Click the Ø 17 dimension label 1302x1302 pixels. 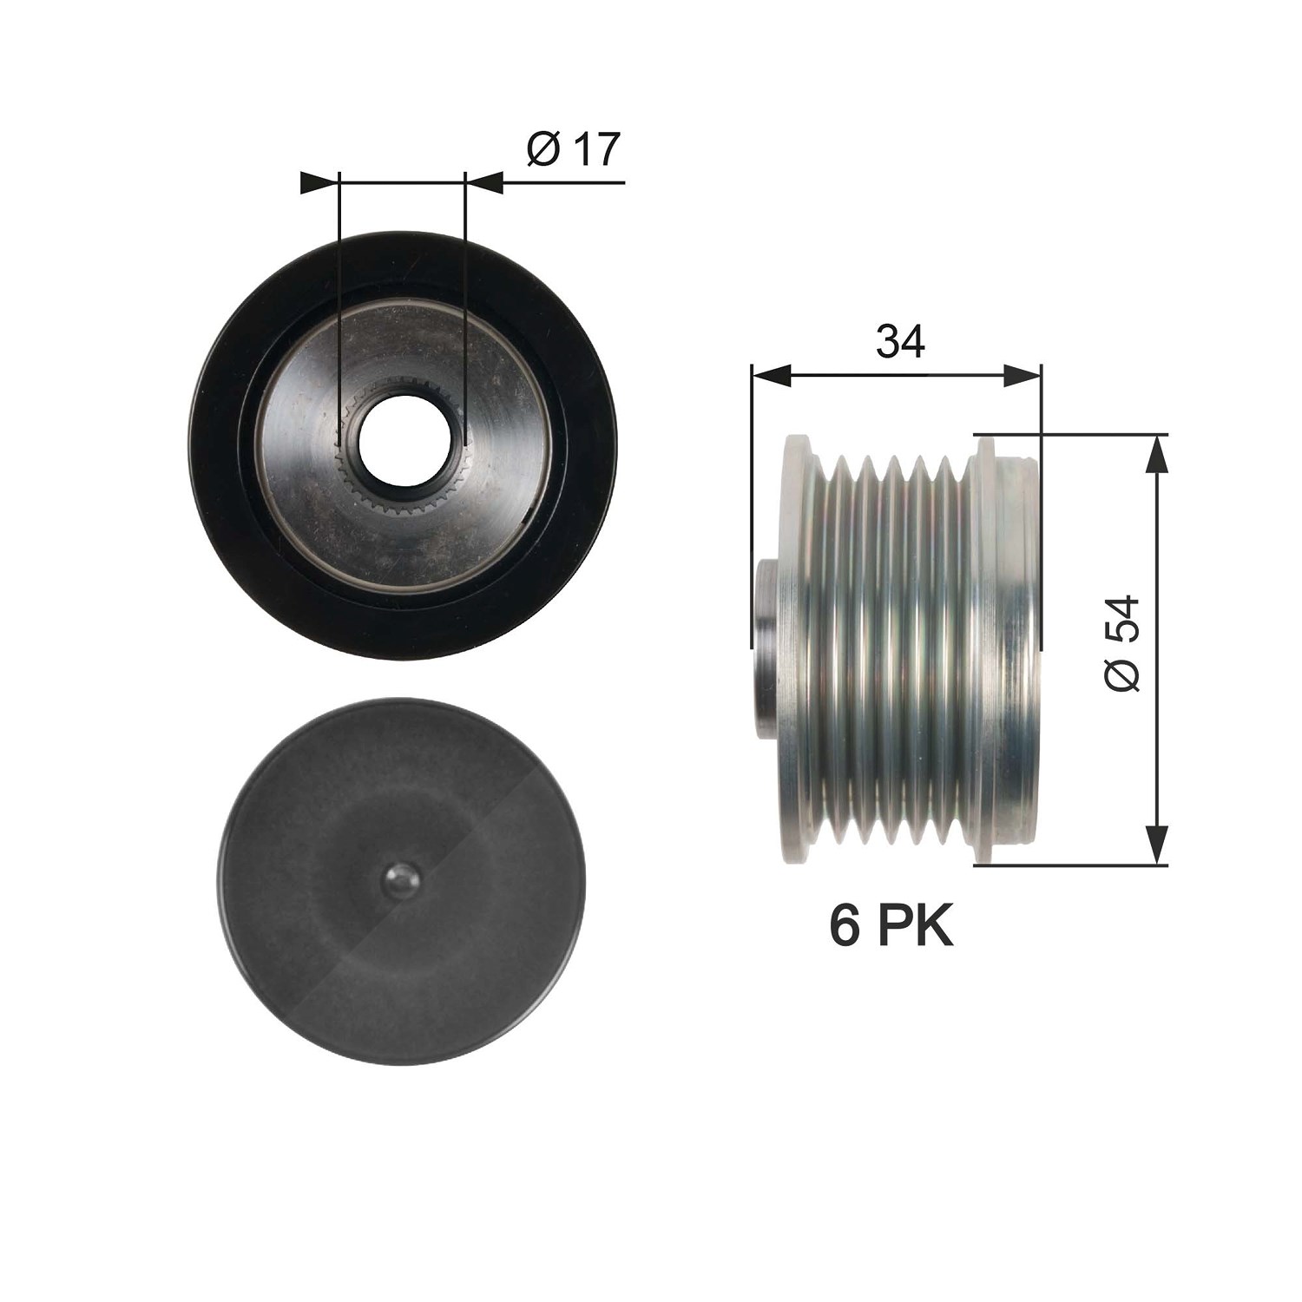coord(574,149)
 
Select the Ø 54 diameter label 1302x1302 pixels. coord(1121,643)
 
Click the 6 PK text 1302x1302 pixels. coord(891,926)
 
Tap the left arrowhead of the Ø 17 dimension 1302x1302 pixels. coord(318,182)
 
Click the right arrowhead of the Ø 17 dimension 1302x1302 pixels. coord(484,182)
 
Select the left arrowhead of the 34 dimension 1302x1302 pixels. coord(772,375)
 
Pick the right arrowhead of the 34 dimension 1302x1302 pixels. coord(1021,375)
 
